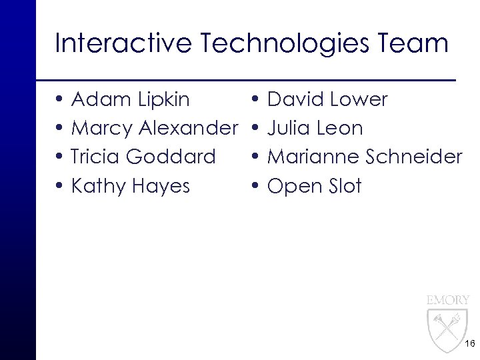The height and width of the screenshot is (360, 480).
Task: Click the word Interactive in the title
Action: (120, 44)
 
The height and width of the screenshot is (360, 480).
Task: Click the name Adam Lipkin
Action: (130, 100)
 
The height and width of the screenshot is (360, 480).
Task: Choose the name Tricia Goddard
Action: (143, 157)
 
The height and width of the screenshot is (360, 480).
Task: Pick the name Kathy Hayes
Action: (130, 185)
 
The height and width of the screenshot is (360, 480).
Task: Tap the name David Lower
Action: (327, 100)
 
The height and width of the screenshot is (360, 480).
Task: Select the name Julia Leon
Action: (315, 128)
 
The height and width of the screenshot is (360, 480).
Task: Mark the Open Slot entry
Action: (314, 185)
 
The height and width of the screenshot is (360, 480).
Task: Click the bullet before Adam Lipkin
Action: (61, 101)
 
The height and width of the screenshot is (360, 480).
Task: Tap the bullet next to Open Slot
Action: (257, 186)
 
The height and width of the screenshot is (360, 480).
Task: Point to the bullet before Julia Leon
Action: (257, 129)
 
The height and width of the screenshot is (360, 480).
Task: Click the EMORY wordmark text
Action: (448, 300)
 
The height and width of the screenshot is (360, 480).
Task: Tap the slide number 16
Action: (468, 344)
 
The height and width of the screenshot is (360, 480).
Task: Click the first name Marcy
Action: (100, 128)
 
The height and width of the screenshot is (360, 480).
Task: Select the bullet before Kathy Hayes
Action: (61, 186)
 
